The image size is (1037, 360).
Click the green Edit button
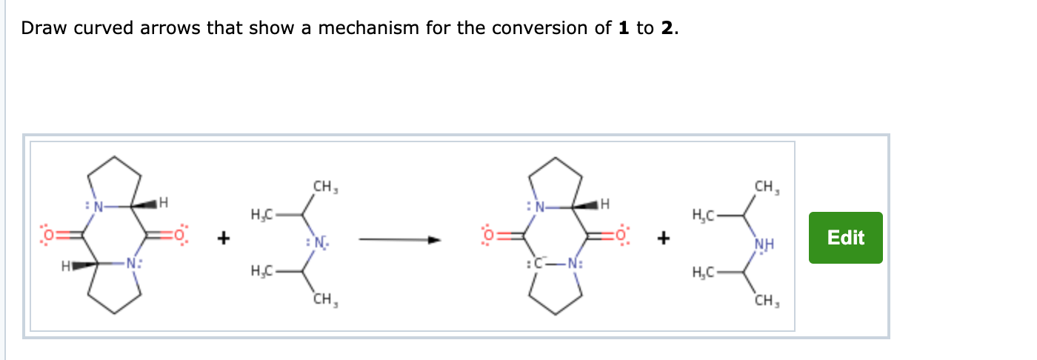coord(845,238)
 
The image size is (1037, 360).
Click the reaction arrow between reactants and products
coord(400,239)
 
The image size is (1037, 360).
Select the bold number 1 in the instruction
coord(623,29)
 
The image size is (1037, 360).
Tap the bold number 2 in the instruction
coord(669,29)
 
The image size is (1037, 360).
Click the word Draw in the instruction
coord(40,29)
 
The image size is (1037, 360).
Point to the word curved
coord(101,29)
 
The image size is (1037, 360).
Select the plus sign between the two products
coord(664,239)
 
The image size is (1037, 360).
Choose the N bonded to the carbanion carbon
coord(574,263)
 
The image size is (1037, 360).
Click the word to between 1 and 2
coord(645,29)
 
